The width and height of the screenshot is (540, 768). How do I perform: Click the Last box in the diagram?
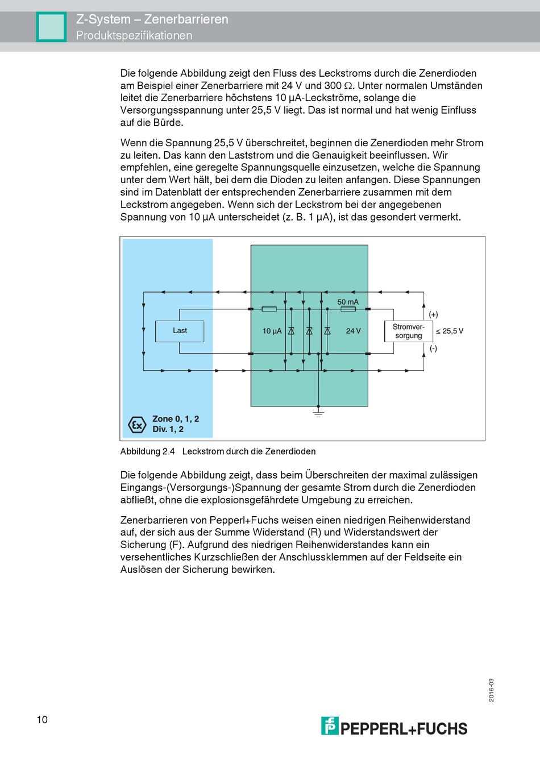click(x=180, y=331)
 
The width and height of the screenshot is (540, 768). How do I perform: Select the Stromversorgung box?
click(x=408, y=331)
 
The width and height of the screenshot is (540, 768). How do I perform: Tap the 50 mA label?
click(x=348, y=302)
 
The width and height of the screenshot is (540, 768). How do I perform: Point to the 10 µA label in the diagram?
click(x=272, y=331)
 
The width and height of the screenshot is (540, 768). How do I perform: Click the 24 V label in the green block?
click(x=353, y=331)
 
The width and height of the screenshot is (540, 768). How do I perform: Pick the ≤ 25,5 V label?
click(x=450, y=331)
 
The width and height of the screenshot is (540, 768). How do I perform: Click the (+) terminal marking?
click(x=433, y=314)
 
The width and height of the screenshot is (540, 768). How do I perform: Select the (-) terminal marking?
click(x=433, y=348)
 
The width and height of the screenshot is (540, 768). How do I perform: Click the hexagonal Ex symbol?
click(x=137, y=424)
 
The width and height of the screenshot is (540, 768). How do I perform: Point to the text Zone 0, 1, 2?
click(x=176, y=419)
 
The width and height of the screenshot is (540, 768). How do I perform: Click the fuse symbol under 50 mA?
click(x=348, y=309)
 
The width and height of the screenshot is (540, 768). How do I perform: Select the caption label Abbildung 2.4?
click(x=147, y=451)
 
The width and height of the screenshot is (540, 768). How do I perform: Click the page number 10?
click(x=42, y=720)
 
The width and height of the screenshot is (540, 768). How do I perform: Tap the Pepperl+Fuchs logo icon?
click(x=330, y=726)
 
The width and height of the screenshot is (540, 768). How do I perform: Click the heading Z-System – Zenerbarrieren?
click(x=152, y=19)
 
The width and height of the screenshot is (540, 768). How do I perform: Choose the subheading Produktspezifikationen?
click(x=134, y=35)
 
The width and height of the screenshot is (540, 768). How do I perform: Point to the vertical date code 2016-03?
click(x=491, y=690)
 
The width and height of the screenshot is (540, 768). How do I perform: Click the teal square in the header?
click(x=51, y=27)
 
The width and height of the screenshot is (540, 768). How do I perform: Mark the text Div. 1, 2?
click(x=168, y=429)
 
